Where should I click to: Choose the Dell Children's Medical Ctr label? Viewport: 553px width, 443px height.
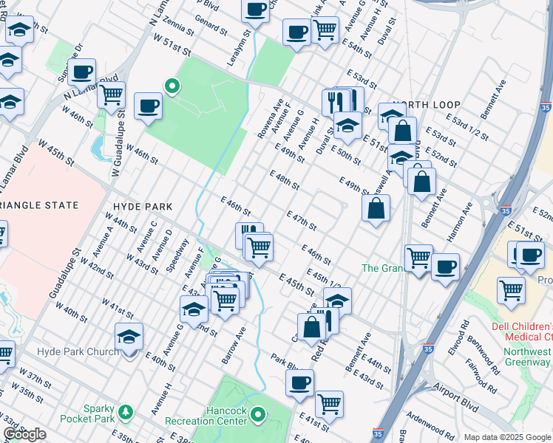pos(522,333)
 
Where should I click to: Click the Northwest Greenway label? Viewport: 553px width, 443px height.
pos(526,357)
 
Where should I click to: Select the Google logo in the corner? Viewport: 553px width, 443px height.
pos(24,435)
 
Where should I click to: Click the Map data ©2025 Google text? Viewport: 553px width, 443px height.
pos(508,437)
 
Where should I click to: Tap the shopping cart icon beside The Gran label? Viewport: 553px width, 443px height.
pos(418,258)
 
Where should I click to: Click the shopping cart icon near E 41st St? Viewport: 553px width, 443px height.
pos(329,404)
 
